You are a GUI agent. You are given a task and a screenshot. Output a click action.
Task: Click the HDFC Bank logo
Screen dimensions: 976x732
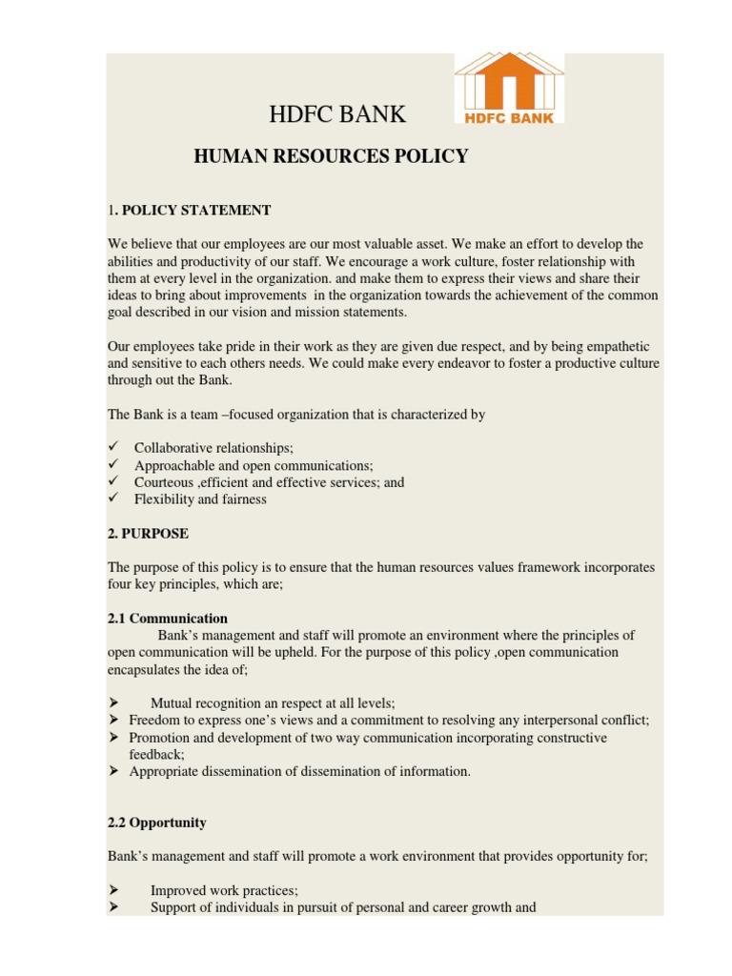click(x=508, y=89)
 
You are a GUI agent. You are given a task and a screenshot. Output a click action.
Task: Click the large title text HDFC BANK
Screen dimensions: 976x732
click(x=338, y=115)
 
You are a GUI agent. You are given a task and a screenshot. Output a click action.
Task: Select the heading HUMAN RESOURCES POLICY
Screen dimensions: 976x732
click(x=331, y=156)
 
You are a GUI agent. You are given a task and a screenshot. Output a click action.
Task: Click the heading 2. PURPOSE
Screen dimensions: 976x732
click(x=148, y=534)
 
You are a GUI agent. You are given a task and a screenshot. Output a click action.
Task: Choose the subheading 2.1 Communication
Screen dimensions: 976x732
click(x=167, y=619)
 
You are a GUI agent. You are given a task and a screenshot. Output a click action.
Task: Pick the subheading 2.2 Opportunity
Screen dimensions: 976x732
click(x=156, y=823)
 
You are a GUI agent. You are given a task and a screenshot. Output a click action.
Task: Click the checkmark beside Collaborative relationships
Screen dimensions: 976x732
click(x=112, y=447)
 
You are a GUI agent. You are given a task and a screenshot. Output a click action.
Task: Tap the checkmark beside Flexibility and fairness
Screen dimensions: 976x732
click(x=112, y=498)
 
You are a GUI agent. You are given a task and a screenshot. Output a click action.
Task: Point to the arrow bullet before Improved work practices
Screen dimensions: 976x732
click(x=112, y=890)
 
